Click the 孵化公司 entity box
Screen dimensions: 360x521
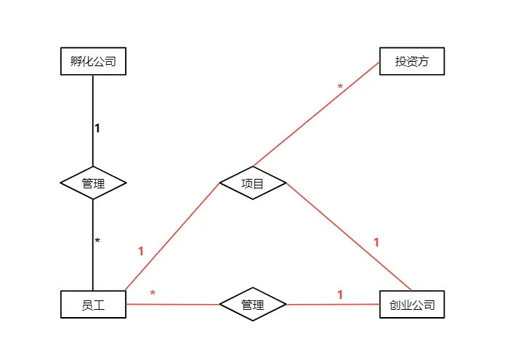[93, 61]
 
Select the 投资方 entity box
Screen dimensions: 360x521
[412, 61]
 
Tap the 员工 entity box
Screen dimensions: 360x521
[93, 305]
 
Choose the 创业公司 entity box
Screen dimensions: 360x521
[412, 305]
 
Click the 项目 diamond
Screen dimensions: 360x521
[253, 183]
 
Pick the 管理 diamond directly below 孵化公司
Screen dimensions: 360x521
[93, 183]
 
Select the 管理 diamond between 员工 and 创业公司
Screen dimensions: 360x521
[253, 305]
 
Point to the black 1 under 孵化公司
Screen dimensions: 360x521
[97, 129]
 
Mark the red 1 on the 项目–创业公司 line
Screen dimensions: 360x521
[376, 242]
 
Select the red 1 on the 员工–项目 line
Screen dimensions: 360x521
[141, 251]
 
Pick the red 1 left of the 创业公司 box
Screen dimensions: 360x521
[339, 295]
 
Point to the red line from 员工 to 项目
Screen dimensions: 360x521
[171, 236]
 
